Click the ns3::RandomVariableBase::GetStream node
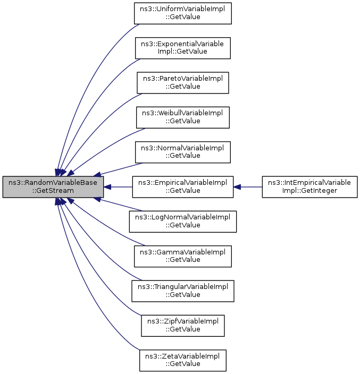tap(53, 187)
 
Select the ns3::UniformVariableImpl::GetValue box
tap(182, 13)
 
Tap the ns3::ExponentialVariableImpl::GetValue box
tap(182, 48)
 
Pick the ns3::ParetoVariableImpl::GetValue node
tap(182, 83)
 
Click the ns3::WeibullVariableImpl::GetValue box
tap(182, 117)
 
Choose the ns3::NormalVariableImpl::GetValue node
tap(182, 152)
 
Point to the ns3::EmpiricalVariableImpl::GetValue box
tap(182, 187)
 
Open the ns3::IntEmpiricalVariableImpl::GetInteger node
tap(309, 187)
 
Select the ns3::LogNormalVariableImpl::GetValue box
tap(182, 222)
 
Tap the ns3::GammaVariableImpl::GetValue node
tap(182, 256)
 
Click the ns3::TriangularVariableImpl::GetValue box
tap(182, 291)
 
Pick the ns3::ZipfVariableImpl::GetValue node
tap(182, 326)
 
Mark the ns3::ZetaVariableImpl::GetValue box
tap(182, 360)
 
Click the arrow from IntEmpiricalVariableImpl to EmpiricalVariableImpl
tap(248, 187)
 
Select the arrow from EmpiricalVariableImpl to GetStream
tap(118, 187)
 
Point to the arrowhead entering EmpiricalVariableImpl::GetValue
tap(237, 187)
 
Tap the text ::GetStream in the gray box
tap(53, 191)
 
